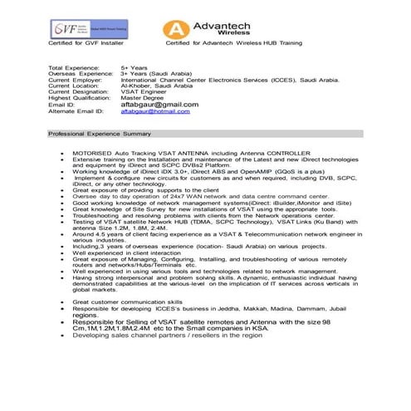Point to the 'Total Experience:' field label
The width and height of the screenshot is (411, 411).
72,66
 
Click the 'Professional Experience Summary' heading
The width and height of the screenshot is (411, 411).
100,133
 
